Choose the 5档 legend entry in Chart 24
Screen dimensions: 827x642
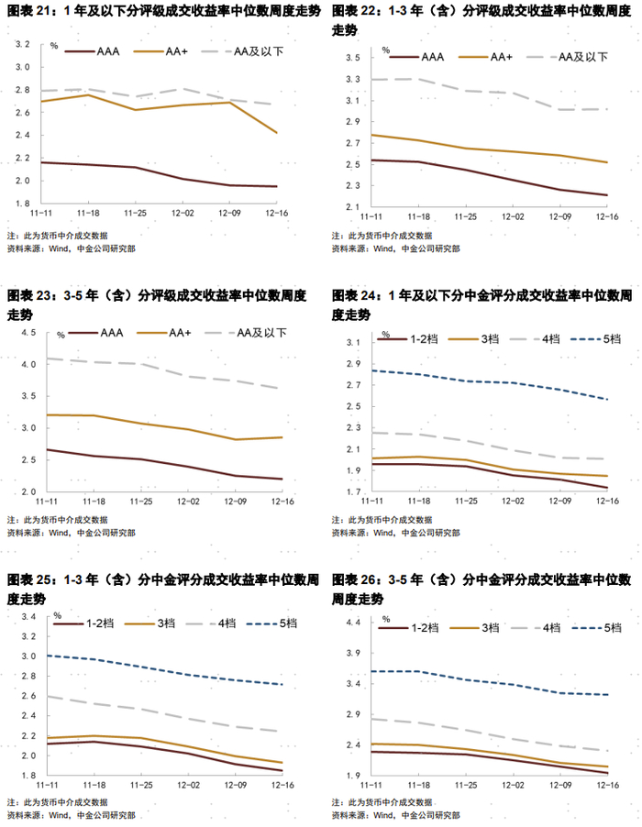[609, 338]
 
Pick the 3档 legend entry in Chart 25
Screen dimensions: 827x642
[168, 623]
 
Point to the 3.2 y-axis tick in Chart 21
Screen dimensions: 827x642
[25, 44]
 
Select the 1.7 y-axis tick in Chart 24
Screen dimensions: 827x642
[352, 493]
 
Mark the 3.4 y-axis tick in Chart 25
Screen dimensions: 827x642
[28, 617]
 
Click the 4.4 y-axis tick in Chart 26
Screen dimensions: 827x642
[352, 623]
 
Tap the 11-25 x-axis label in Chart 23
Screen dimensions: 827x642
[139, 502]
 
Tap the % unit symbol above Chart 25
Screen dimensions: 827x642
[57, 614]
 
